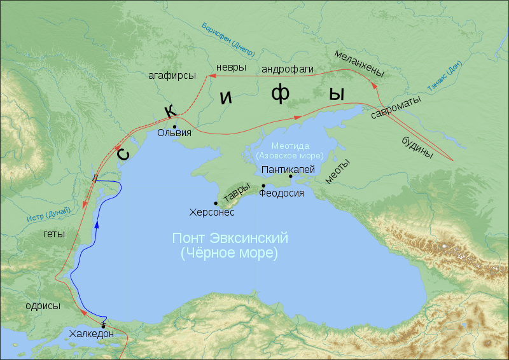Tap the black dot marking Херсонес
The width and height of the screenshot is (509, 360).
click(216, 203)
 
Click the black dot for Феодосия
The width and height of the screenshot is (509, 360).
click(263, 186)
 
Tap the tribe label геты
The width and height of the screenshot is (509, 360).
click(53, 233)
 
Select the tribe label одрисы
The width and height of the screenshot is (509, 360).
click(43, 305)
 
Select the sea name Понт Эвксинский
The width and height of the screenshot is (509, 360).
click(230, 239)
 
